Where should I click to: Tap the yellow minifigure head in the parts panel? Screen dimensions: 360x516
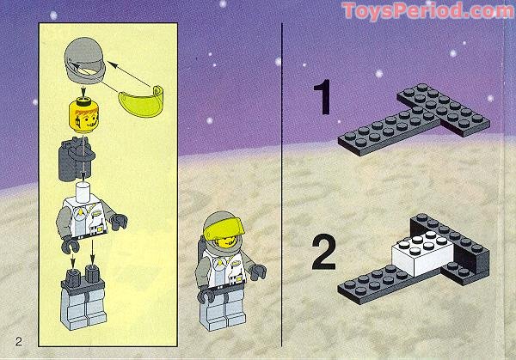[x=83, y=114]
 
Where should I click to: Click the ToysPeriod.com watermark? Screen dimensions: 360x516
[x=427, y=11]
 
